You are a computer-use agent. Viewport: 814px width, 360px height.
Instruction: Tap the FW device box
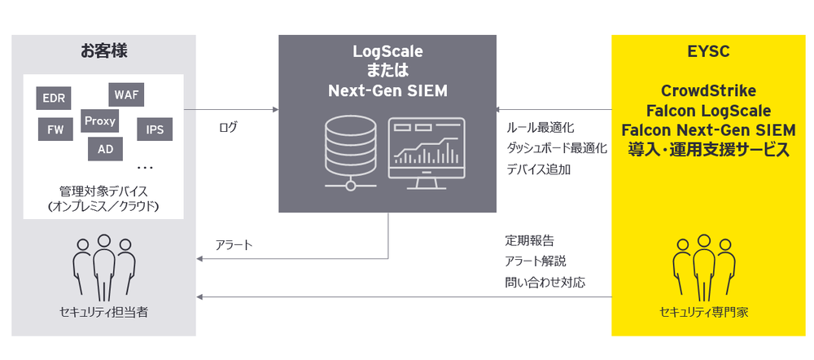pos(55,129)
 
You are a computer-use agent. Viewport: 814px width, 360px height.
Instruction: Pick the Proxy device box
pos(100,121)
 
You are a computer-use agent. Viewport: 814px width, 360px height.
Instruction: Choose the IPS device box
pos(154,129)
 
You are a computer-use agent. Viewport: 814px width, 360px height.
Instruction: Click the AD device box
pos(105,149)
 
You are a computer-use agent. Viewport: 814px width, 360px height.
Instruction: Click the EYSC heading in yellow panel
pos(707,52)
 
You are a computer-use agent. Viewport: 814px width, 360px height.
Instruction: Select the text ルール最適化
pos(540,128)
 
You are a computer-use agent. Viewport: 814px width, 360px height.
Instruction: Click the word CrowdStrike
pos(707,90)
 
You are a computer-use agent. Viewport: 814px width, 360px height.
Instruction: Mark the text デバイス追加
pos(539,169)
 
